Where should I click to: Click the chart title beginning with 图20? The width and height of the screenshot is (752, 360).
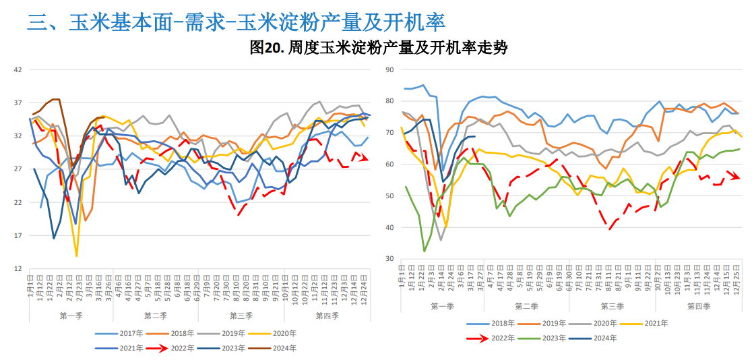tap(378, 48)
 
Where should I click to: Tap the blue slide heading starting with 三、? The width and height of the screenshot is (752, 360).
tap(236, 22)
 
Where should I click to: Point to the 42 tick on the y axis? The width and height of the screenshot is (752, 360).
tap(18, 69)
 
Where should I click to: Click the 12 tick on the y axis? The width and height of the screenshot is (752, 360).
tap(18, 269)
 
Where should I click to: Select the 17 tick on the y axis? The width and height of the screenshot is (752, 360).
tap(18, 236)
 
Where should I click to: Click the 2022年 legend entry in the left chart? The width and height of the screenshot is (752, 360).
tap(175, 348)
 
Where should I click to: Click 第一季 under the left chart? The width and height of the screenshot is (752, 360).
tap(71, 316)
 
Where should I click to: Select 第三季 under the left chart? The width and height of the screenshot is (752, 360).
tap(241, 316)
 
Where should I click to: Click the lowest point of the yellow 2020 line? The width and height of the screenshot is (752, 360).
tap(76, 256)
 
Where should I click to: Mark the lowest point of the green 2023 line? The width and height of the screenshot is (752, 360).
tap(425, 251)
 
